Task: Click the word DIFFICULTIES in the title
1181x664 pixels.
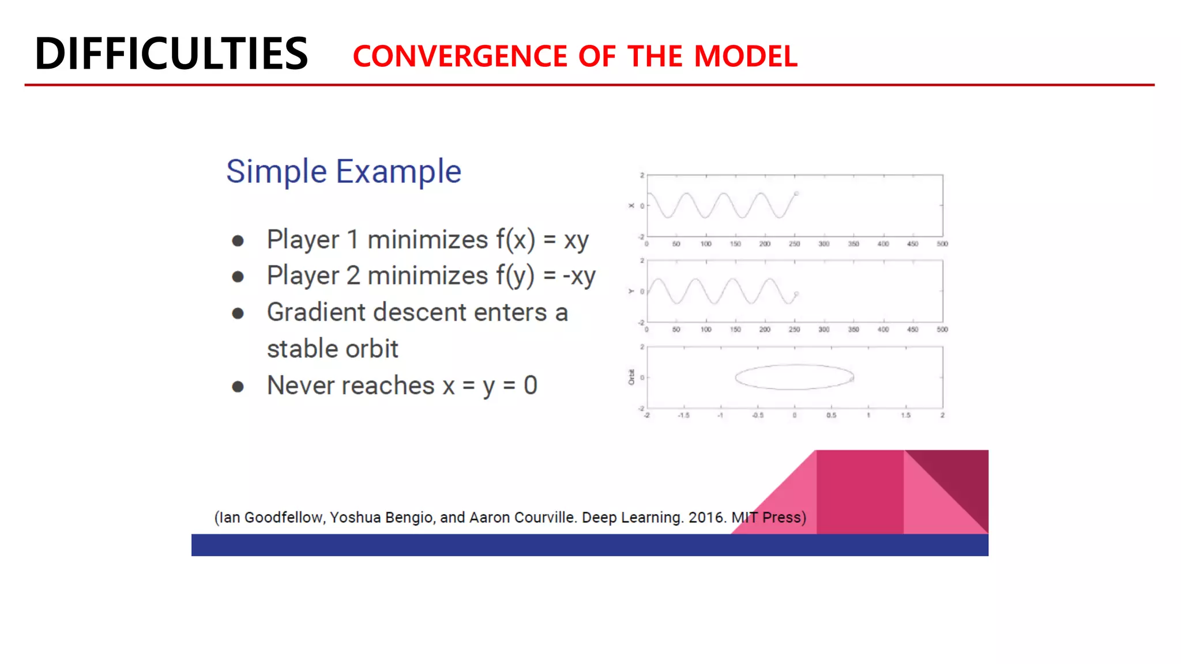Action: [171, 54]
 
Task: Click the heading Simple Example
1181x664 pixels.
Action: [344, 172]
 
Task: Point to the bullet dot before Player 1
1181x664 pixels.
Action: [238, 241]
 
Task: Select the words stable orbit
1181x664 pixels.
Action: [332, 349]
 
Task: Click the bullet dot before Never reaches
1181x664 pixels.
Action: [238, 386]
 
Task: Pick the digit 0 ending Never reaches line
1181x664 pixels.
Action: [530, 386]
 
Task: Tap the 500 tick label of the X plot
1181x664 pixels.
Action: [942, 244]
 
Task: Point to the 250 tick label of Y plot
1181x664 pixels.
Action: [794, 330]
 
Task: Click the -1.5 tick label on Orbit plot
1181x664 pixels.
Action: [683, 415]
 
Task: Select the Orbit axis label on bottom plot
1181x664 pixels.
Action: [631, 377]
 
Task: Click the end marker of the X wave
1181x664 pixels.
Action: [796, 194]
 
